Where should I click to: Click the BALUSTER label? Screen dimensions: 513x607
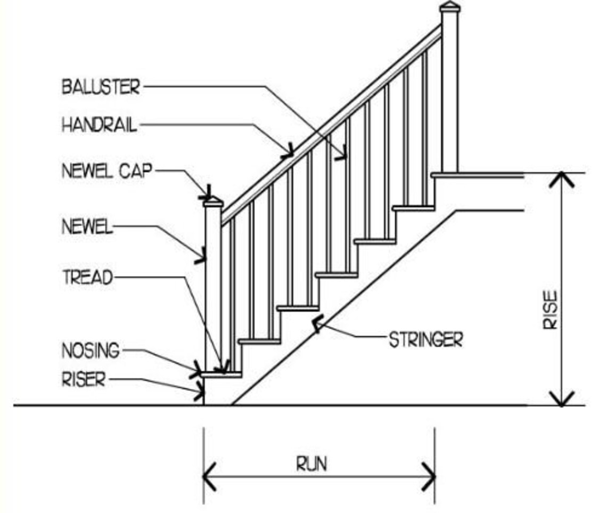pyautogui.click(x=101, y=86)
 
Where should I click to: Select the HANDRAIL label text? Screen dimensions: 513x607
pyautogui.click(x=100, y=126)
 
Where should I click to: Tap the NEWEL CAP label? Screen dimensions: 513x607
pyautogui.click(x=107, y=172)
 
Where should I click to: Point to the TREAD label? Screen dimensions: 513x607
pyautogui.click(x=88, y=278)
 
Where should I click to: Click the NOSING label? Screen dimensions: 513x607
pyautogui.click(x=91, y=351)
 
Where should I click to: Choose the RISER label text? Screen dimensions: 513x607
pyautogui.click(x=84, y=380)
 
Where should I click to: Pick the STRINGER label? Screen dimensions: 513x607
pyautogui.click(x=425, y=340)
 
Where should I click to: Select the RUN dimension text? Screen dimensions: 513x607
pyautogui.click(x=312, y=464)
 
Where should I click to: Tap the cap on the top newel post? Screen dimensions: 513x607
pyautogui.click(x=450, y=7)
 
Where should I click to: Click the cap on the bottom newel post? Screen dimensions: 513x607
pyautogui.click(x=212, y=201)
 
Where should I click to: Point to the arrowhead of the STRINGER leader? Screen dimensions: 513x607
pyautogui.click(x=318, y=323)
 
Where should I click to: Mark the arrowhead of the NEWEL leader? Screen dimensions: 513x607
pyautogui.click(x=201, y=258)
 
